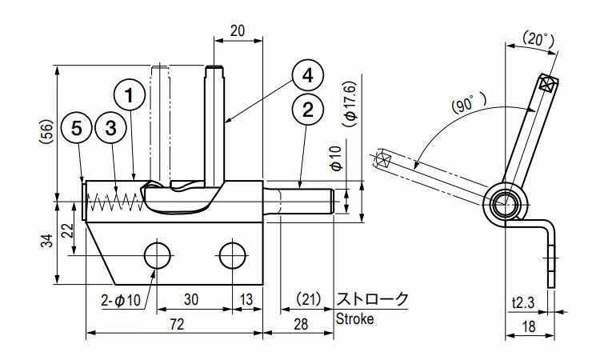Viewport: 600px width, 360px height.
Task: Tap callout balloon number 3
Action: (111, 127)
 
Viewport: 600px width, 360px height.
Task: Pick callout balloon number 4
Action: (306, 77)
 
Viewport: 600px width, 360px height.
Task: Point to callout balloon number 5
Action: (77, 127)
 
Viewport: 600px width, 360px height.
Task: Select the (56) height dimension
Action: (46, 132)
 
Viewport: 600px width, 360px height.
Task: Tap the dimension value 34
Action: (46, 240)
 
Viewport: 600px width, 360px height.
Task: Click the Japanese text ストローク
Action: (371, 299)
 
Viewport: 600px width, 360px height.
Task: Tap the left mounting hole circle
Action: (157, 255)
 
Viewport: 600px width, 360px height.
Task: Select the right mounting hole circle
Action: (233, 255)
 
